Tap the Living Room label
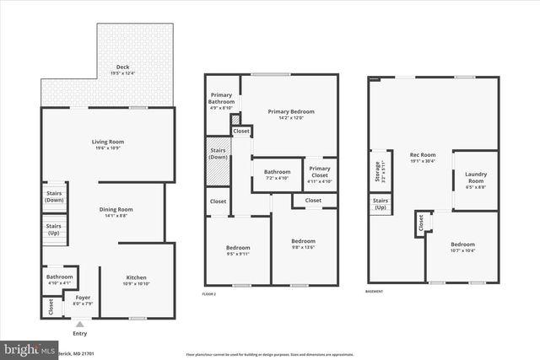[108, 144]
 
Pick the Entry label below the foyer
[79, 333]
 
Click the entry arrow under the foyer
[79, 323]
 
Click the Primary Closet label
[319, 172]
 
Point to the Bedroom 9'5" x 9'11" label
[238, 250]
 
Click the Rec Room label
[422, 157]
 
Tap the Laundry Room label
[476, 180]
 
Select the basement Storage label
[378, 171]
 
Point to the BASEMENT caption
[374, 292]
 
